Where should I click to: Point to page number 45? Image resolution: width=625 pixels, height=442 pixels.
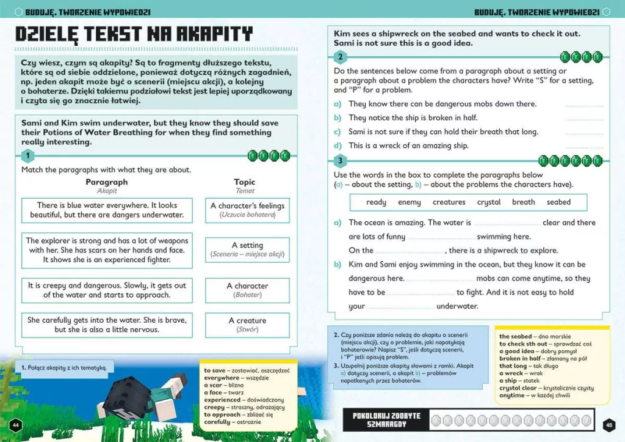(x=608, y=425)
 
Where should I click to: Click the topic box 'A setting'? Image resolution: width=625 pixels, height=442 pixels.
(x=247, y=249)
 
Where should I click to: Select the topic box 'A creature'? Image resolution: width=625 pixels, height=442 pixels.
(x=247, y=325)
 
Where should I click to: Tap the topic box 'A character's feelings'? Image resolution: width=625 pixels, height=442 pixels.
(x=247, y=210)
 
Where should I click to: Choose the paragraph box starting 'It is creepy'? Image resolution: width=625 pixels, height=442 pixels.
(x=107, y=290)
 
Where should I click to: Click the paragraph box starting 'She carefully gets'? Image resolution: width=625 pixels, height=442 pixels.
(x=107, y=325)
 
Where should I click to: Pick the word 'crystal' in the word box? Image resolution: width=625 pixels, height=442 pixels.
(x=489, y=202)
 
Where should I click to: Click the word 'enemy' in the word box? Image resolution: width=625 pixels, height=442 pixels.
(x=409, y=202)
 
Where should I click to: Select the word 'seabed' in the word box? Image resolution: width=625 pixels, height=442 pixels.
(x=558, y=202)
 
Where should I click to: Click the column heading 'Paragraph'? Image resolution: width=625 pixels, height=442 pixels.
(x=107, y=182)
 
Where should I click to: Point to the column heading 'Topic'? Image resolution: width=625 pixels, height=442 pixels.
(x=245, y=182)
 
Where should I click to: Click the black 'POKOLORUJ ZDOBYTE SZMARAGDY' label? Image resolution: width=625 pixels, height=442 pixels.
(x=386, y=419)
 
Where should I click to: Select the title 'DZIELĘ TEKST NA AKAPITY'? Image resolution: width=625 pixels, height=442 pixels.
(x=134, y=34)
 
